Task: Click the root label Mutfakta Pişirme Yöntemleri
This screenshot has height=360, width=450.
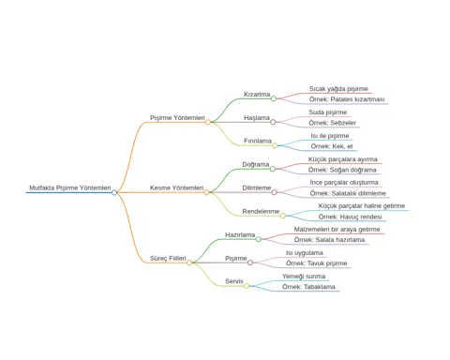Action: coord(70,187)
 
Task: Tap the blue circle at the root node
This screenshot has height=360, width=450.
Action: coord(114,192)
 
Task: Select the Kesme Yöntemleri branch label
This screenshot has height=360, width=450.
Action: coord(176,187)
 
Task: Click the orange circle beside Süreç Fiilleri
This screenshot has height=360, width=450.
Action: coord(189,262)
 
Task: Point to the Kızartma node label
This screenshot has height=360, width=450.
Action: coord(257,94)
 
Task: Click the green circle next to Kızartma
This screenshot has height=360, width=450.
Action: coord(274,98)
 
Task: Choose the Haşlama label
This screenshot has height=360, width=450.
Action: coord(257,118)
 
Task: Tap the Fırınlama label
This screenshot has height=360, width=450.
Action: coord(258,141)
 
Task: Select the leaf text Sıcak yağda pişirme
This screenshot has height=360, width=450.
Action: coord(338,89)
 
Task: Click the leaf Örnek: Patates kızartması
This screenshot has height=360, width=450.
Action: coord(347,99)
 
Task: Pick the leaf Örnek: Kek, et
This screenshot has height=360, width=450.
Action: coord(332,146)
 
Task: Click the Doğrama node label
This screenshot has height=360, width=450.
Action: coord(256,164)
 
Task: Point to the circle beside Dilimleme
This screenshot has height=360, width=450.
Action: coord(274,192)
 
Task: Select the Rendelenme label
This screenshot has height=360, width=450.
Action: coord(261,211)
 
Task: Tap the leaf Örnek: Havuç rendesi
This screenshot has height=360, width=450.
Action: coord(350,217)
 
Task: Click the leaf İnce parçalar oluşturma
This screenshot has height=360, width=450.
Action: coord(344,182)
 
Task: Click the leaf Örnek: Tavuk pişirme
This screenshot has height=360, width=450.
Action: coord(316,263)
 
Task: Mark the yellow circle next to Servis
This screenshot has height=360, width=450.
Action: coord(247,286)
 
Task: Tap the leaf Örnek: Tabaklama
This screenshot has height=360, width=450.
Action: coord(308,287)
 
